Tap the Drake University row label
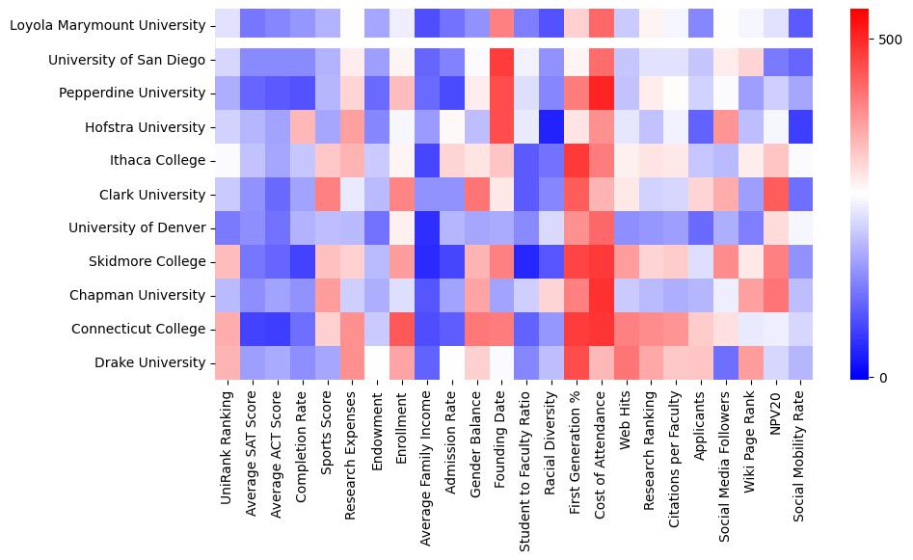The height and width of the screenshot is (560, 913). point(151,362)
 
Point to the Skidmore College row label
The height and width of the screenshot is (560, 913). point(147,261)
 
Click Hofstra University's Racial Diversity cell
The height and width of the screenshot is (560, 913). point(551,126)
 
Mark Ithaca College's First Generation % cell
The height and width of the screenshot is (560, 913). point(577,160)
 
